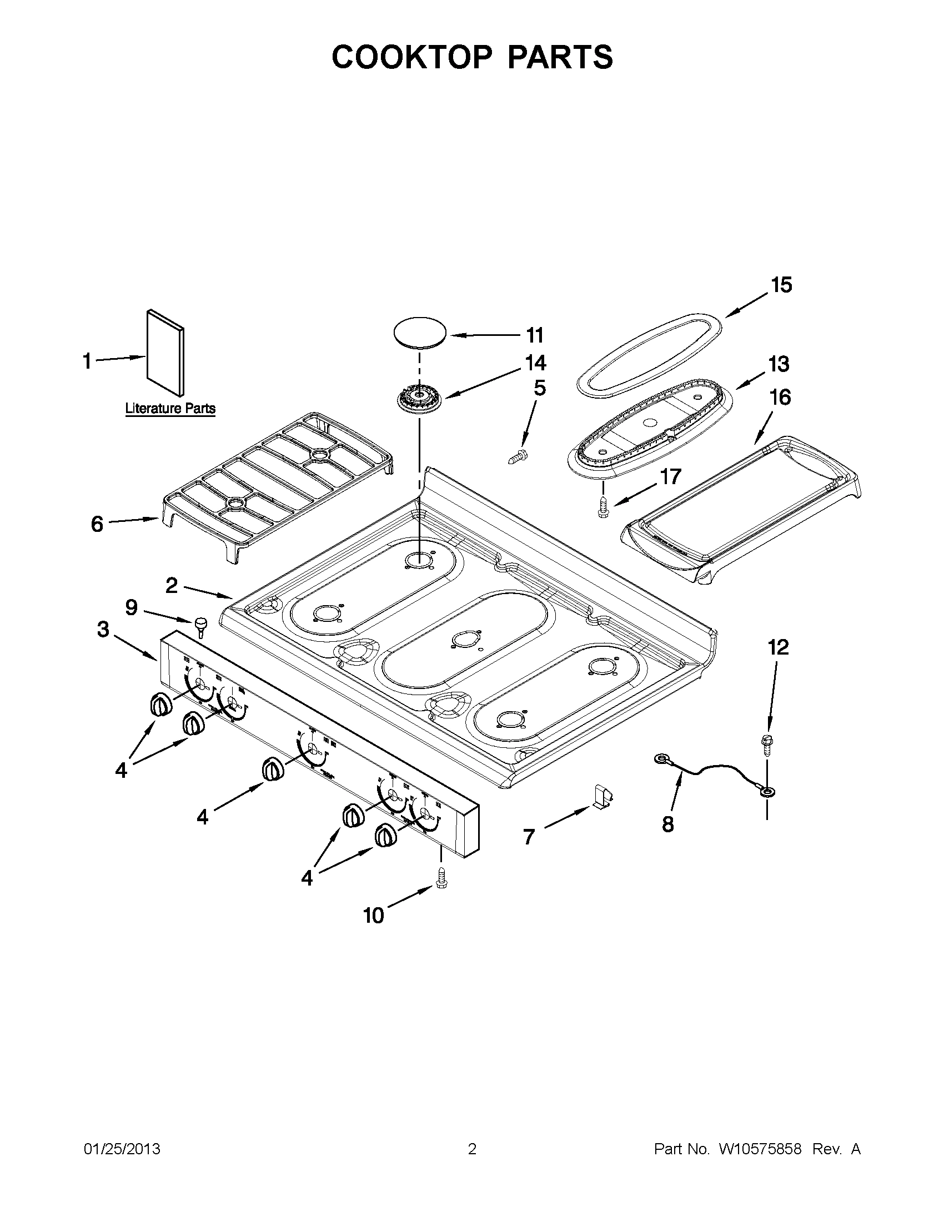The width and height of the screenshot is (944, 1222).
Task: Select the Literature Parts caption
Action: pos(170,409)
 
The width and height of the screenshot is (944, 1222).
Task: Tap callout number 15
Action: pos(781,285)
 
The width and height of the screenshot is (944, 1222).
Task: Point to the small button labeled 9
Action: pos(200,626)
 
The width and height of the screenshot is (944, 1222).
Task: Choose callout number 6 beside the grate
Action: pos(97,524)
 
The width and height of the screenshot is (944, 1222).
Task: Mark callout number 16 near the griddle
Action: pos(780,398)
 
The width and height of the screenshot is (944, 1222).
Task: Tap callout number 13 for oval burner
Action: pos(779,364)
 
